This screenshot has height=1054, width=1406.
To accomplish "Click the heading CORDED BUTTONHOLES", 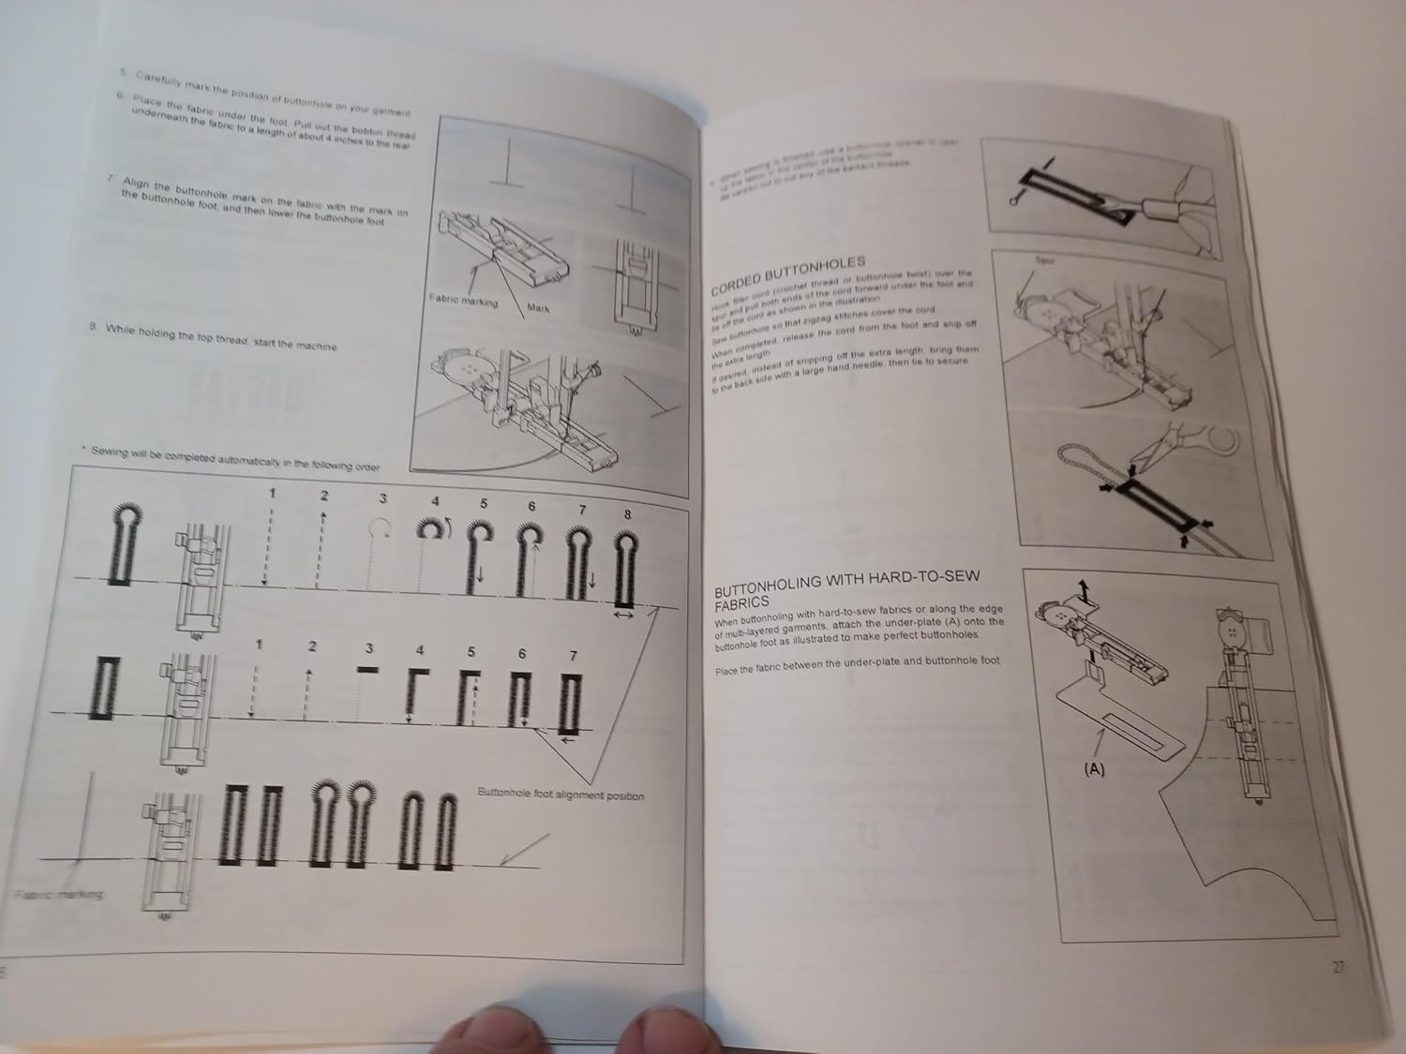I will (786, 276).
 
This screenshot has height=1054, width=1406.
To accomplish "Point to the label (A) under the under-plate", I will (1093, 769).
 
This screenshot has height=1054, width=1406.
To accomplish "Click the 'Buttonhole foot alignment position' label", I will (561, 795).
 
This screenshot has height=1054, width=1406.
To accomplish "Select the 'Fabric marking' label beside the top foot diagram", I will (463, 301).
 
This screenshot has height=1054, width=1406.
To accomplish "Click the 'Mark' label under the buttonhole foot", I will (538, 308).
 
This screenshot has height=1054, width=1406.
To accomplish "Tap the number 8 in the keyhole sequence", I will (627, 513).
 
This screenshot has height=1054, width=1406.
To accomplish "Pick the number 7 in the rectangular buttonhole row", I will (573, 656).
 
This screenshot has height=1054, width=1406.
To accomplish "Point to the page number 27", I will (1338, 968).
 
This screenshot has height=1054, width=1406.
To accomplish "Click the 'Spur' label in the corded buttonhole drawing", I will (1045, 260).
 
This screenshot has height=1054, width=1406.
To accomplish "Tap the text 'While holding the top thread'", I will (220, 338).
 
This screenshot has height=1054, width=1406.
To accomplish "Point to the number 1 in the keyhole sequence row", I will (272, 494).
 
